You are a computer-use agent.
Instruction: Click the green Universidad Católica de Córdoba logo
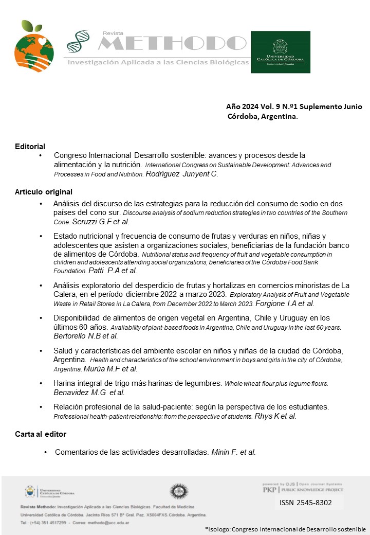point(280,51)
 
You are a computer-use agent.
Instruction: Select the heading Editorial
point(30,147)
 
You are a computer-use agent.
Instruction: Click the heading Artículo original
point(44,192)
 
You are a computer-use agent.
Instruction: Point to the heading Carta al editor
point(41,434)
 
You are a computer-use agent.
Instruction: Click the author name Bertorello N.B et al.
point(85,336)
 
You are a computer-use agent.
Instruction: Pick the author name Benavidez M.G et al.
point(89,393)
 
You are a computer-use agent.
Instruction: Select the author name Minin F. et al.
point(233,452)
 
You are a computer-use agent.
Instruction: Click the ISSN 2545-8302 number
point(305,503)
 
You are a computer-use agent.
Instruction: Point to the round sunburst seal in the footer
point(179,491)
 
